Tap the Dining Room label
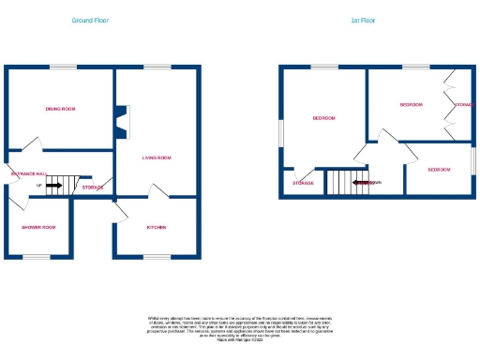pyautogui.click(x=60, y=109)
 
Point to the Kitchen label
pyautogui.click(x=157, y=228)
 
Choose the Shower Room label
pyautogui.click(x=39, y=228)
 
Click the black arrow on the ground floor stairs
pyautogui.click(x=53, y=186)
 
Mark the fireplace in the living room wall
pyautogui.click(x=120, y=119)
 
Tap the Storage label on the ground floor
pyautogui.click(x=93, y=187)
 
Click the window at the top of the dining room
pyautogui.click(x=63, y=67)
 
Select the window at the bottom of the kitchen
pyautogui.click(x=157, y=257)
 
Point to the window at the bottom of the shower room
pyautogui.click(x=37, y=257)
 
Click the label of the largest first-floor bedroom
pyautogui.click(x=323, y=118)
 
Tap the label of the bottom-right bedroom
pyautogui.click(x=439, y=170)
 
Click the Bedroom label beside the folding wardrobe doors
pyautogui.click(x=411, y=105)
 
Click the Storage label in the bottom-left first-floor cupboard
pyautogui.click(x=302, y=183)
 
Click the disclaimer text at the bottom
pyautogui.click(x=239, y=328)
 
